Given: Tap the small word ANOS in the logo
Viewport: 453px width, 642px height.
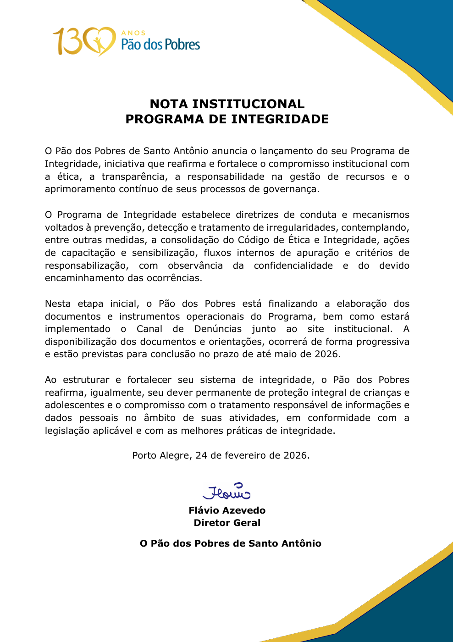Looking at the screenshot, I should coord(133,33).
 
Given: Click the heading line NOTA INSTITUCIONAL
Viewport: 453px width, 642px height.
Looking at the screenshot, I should coord(227,104).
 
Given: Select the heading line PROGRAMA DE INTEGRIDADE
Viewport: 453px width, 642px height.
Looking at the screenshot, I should coord(227,119).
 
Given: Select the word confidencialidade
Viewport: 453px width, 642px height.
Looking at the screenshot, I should coord(293,266).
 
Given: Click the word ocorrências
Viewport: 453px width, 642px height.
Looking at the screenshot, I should coord(174,278).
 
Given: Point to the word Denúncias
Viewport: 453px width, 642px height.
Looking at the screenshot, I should coord(218,329).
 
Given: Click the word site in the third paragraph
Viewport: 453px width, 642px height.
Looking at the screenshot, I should coord(315,329).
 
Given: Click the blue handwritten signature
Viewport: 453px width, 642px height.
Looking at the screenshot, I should coord(226,492).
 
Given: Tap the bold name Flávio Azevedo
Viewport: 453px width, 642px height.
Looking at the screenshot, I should coord(227,510).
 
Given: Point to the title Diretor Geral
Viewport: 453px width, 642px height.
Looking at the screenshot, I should coord(227,523).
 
